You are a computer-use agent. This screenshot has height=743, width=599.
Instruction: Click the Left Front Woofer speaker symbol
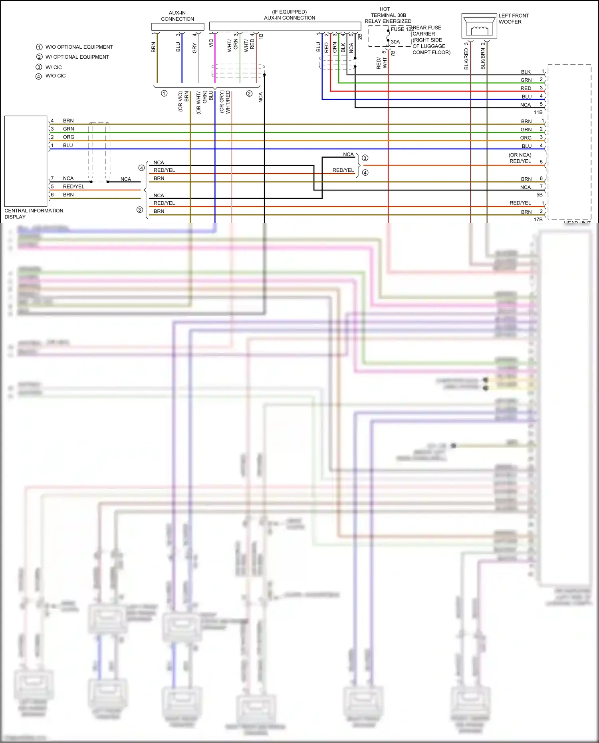(x=479, y=26)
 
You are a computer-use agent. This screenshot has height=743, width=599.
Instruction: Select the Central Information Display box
(x=26, y=161)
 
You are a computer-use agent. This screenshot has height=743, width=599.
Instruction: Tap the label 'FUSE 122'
(x=402, y=29)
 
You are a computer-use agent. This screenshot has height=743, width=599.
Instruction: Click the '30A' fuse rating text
(x=395, y=42)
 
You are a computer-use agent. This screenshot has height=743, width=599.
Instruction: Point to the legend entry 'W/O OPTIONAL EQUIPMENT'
(x=79, y=47)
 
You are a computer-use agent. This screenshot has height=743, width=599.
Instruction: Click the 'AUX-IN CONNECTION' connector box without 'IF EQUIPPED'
(x=178, y=27)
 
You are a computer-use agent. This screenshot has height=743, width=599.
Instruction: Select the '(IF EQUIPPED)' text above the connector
(x=289, y=12)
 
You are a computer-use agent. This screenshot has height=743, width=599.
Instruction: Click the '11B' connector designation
(x=538, y=112)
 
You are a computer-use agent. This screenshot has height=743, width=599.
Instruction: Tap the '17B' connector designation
(x=538, y=219)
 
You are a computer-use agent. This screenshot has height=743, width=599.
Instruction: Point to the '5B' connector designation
(x=539, y=194)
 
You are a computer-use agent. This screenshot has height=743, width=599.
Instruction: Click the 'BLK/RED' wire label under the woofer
(x=466, y=59)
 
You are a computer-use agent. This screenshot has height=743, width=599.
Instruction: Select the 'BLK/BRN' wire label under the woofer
(x=483, y=59)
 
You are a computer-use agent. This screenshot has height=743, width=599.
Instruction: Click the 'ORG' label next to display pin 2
(x=68, y=137)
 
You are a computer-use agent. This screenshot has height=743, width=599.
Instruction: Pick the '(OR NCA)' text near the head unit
(x=520, y=155)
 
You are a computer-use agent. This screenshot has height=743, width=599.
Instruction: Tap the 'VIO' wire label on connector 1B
(x=211, y=43)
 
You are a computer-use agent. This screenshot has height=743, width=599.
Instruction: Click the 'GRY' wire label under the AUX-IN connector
(x=194, y=48)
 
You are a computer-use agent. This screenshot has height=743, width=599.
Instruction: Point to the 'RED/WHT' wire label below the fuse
(x=381, y=63)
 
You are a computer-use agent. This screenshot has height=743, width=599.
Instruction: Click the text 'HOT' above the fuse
(x=385, y=9)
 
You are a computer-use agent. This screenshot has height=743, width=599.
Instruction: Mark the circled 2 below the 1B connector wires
(x=249, y=93)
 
